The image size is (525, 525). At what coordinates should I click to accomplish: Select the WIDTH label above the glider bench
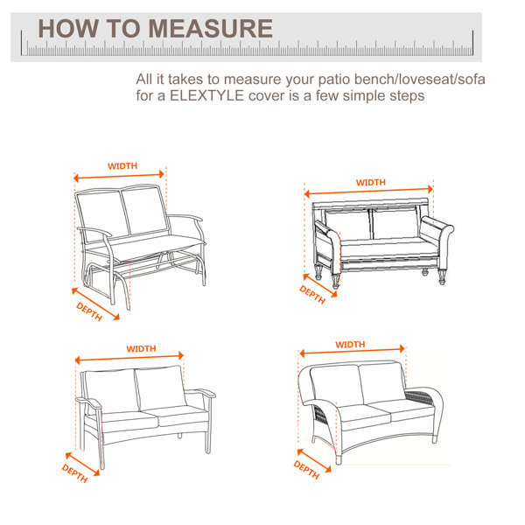point(122,165)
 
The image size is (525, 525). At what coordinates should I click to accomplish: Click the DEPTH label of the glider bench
point(90,312)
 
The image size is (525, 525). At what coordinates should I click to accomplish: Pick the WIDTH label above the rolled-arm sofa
point(370,182)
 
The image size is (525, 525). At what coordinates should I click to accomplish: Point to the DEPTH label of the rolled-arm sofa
point(312,295)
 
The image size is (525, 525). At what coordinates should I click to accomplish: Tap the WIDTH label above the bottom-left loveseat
point(141,348)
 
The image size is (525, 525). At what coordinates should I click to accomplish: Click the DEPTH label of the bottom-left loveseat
point(75,471)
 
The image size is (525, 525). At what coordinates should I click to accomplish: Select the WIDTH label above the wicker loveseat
point(350,345)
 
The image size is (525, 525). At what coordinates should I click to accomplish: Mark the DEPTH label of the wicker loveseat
point(306,470)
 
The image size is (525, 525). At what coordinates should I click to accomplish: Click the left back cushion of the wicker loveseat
point(335,386)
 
